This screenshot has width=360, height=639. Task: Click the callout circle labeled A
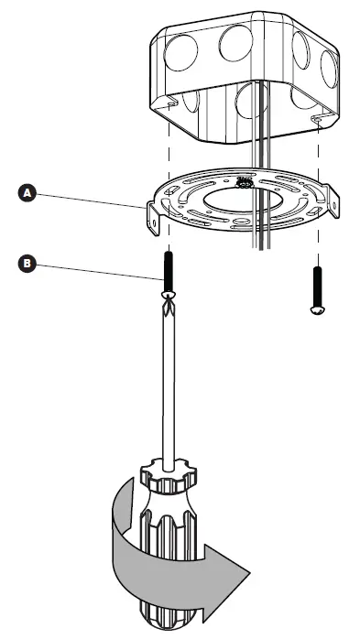pyautogui.click(x=28, y=193)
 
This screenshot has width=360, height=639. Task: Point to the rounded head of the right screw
pyautogui.click(x=315, y=309)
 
